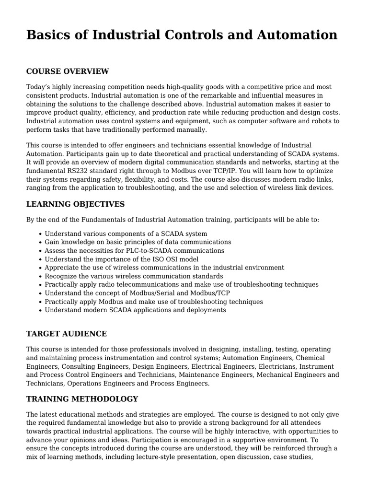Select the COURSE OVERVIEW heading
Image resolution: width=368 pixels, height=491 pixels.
click(x=68, y=71)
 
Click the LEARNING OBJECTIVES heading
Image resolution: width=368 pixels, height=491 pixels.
click(x=75, y=204)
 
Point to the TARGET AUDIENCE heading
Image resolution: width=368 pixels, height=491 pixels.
click(x=67, y=334)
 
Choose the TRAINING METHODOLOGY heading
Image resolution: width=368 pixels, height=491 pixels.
click(x=82, y=399)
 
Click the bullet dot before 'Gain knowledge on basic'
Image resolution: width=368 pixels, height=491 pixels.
click(x=39, y=243)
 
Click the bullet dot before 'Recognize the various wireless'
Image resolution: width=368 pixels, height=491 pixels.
click(x=39, y=277)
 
